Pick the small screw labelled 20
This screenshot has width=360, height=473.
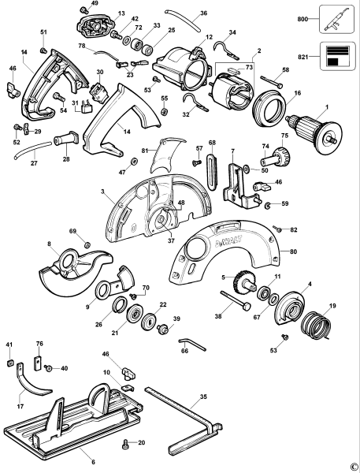[x=126, y=444]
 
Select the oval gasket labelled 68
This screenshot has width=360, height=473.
[x=212, y=166]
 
